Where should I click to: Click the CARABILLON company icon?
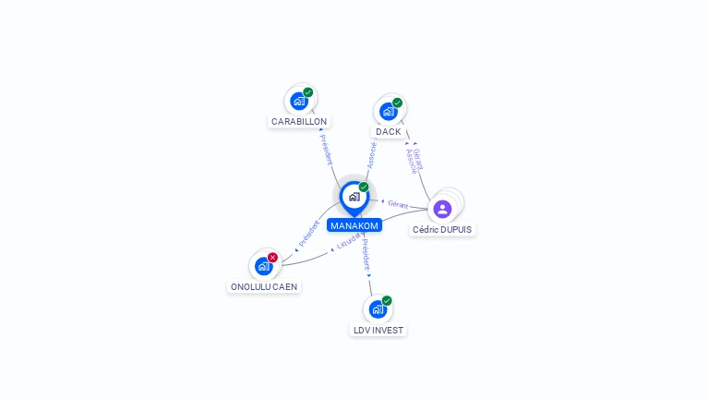(x=298, y=101)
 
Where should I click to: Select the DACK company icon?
(x=388, y=111)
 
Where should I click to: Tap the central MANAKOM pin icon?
(x=354, y=197)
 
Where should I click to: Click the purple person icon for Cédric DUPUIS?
(x=442, y=209)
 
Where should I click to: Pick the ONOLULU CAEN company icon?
(x=263, y=266)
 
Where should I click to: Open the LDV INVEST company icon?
(x=378, y=309)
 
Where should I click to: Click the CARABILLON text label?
(x=299, y=121)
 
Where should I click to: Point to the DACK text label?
(x=389, y=131)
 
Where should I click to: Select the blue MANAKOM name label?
(x=354, y=225)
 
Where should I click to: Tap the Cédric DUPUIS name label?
(x=443, y=229)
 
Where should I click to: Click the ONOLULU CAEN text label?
(x=264, y=286)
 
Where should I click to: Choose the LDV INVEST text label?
(x=379, y=330)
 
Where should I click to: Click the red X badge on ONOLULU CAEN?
(x=272, y=258)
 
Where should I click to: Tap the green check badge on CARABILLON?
(x=307, y=92)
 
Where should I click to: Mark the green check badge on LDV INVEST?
(x=387, y=301)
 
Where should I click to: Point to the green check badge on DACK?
(x=397, y=103)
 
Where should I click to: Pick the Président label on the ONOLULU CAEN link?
(x=308, y=234)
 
